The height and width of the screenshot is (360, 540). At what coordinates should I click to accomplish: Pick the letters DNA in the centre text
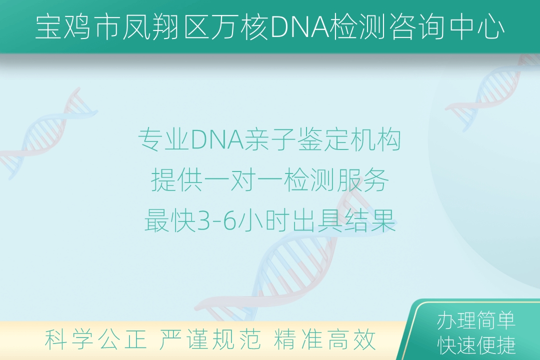point(217,139)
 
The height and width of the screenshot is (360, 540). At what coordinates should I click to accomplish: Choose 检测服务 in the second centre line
point(336,180)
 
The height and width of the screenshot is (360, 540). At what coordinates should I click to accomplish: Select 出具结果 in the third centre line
point(344,220)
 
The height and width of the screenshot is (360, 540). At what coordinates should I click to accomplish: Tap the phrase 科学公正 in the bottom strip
point(95,339)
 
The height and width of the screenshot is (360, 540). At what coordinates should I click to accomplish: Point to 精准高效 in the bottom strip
point(324,339)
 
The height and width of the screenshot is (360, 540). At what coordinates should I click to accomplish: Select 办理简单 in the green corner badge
point(476,320)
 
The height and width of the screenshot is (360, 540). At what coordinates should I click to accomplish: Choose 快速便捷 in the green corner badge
point(476,345)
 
